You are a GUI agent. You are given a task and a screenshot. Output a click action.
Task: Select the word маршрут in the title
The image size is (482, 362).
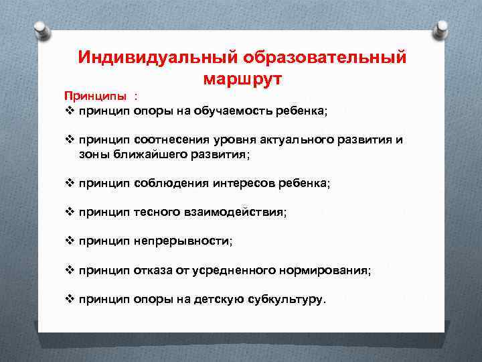click(242, 78)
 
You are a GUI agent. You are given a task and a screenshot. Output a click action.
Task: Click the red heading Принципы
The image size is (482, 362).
click(94, 96)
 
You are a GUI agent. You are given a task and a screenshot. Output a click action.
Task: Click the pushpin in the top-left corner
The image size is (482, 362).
click(40, 29)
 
